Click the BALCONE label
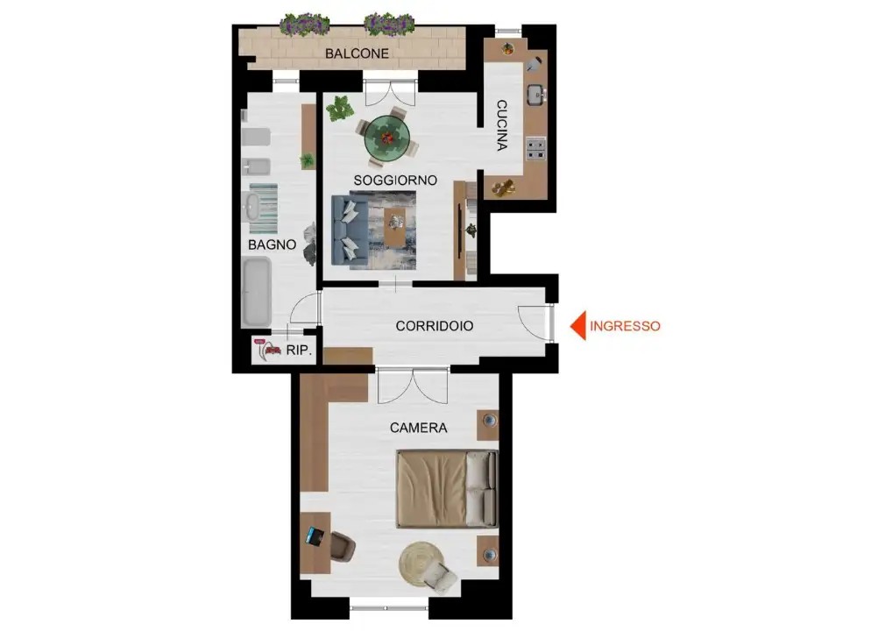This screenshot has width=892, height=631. coord(357,53)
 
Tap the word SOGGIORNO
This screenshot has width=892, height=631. coord(395,181)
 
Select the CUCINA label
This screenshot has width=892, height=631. coord(502,125)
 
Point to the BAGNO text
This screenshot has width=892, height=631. coord(272,245)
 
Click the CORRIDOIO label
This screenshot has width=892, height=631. coord(435,326)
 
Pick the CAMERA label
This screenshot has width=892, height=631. coord(418,428)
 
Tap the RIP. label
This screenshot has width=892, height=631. coord(299,350)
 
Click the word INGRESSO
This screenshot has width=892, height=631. coord(625,326)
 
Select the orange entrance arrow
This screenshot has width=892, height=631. coord(578,326)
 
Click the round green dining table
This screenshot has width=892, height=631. coord(386,138)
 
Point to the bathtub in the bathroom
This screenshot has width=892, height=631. coord(257,293)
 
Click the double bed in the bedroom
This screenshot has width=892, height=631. coord(447,489)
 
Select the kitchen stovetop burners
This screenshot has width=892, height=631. coord(535,148)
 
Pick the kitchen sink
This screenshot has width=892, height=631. coord(535,95)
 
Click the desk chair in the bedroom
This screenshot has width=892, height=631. coord(343,546)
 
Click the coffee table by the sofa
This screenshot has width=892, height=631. coord(395,228)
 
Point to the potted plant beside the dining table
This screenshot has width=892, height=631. coord(340,108)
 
